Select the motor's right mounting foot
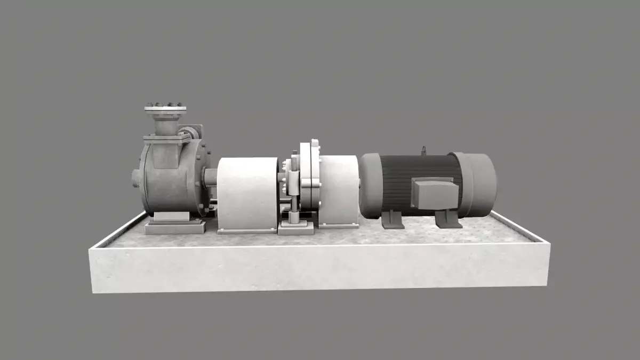coord(446,219)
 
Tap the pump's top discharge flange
coord(165,109)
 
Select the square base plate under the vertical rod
coord(296,229)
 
